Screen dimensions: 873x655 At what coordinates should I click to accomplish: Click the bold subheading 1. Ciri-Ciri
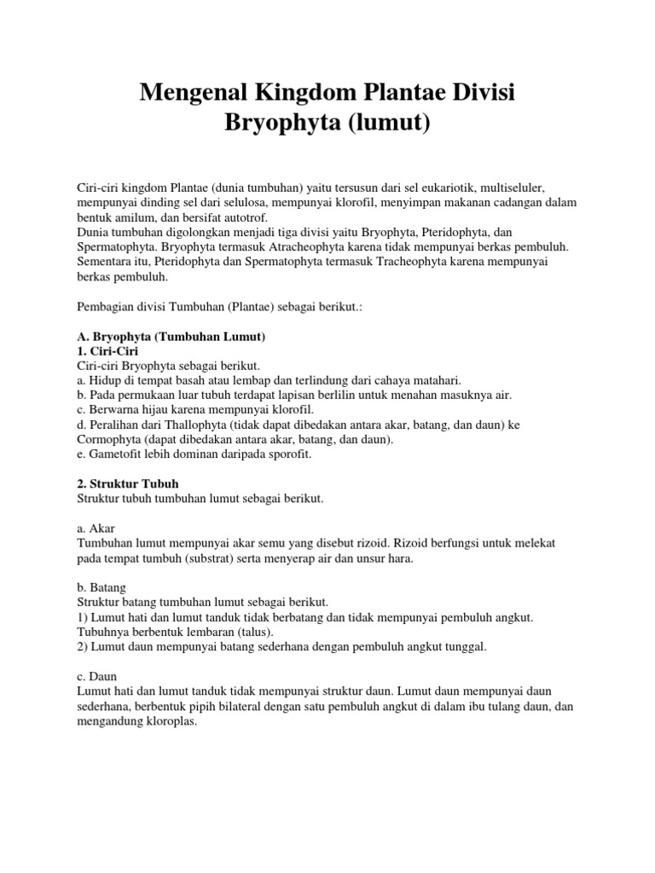(x=101, y=351)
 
